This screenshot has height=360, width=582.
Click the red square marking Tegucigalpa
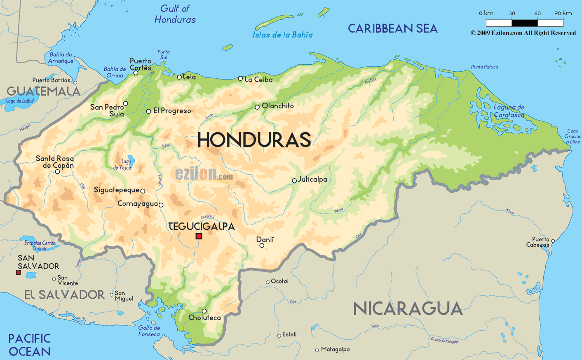[199, 236]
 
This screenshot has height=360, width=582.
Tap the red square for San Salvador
[18, 272]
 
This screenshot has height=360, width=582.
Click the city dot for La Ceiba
[240, 78]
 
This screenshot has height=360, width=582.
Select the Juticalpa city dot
[294, 180]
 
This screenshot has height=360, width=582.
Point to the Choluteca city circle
[204, 311]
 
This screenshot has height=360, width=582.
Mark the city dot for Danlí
[262, 245]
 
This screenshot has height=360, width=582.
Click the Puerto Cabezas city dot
[553, 241]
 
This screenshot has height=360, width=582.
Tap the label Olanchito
[278, 106]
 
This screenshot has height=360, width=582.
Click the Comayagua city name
[138, 203]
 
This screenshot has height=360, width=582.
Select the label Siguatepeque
[117, 190]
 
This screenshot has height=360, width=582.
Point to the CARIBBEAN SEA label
[392, 28]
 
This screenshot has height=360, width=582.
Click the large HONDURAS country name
[254, 140]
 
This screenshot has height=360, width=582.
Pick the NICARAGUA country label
[408, 309]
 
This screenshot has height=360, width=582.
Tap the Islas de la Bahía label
[283, 35]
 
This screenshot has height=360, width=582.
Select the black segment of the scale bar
[525, 23]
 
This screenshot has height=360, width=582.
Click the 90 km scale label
[563, 13]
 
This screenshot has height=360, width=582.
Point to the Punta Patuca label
[485, 67]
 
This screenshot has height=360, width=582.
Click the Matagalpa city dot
[317, 350]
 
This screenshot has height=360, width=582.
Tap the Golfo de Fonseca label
[149, 331]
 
